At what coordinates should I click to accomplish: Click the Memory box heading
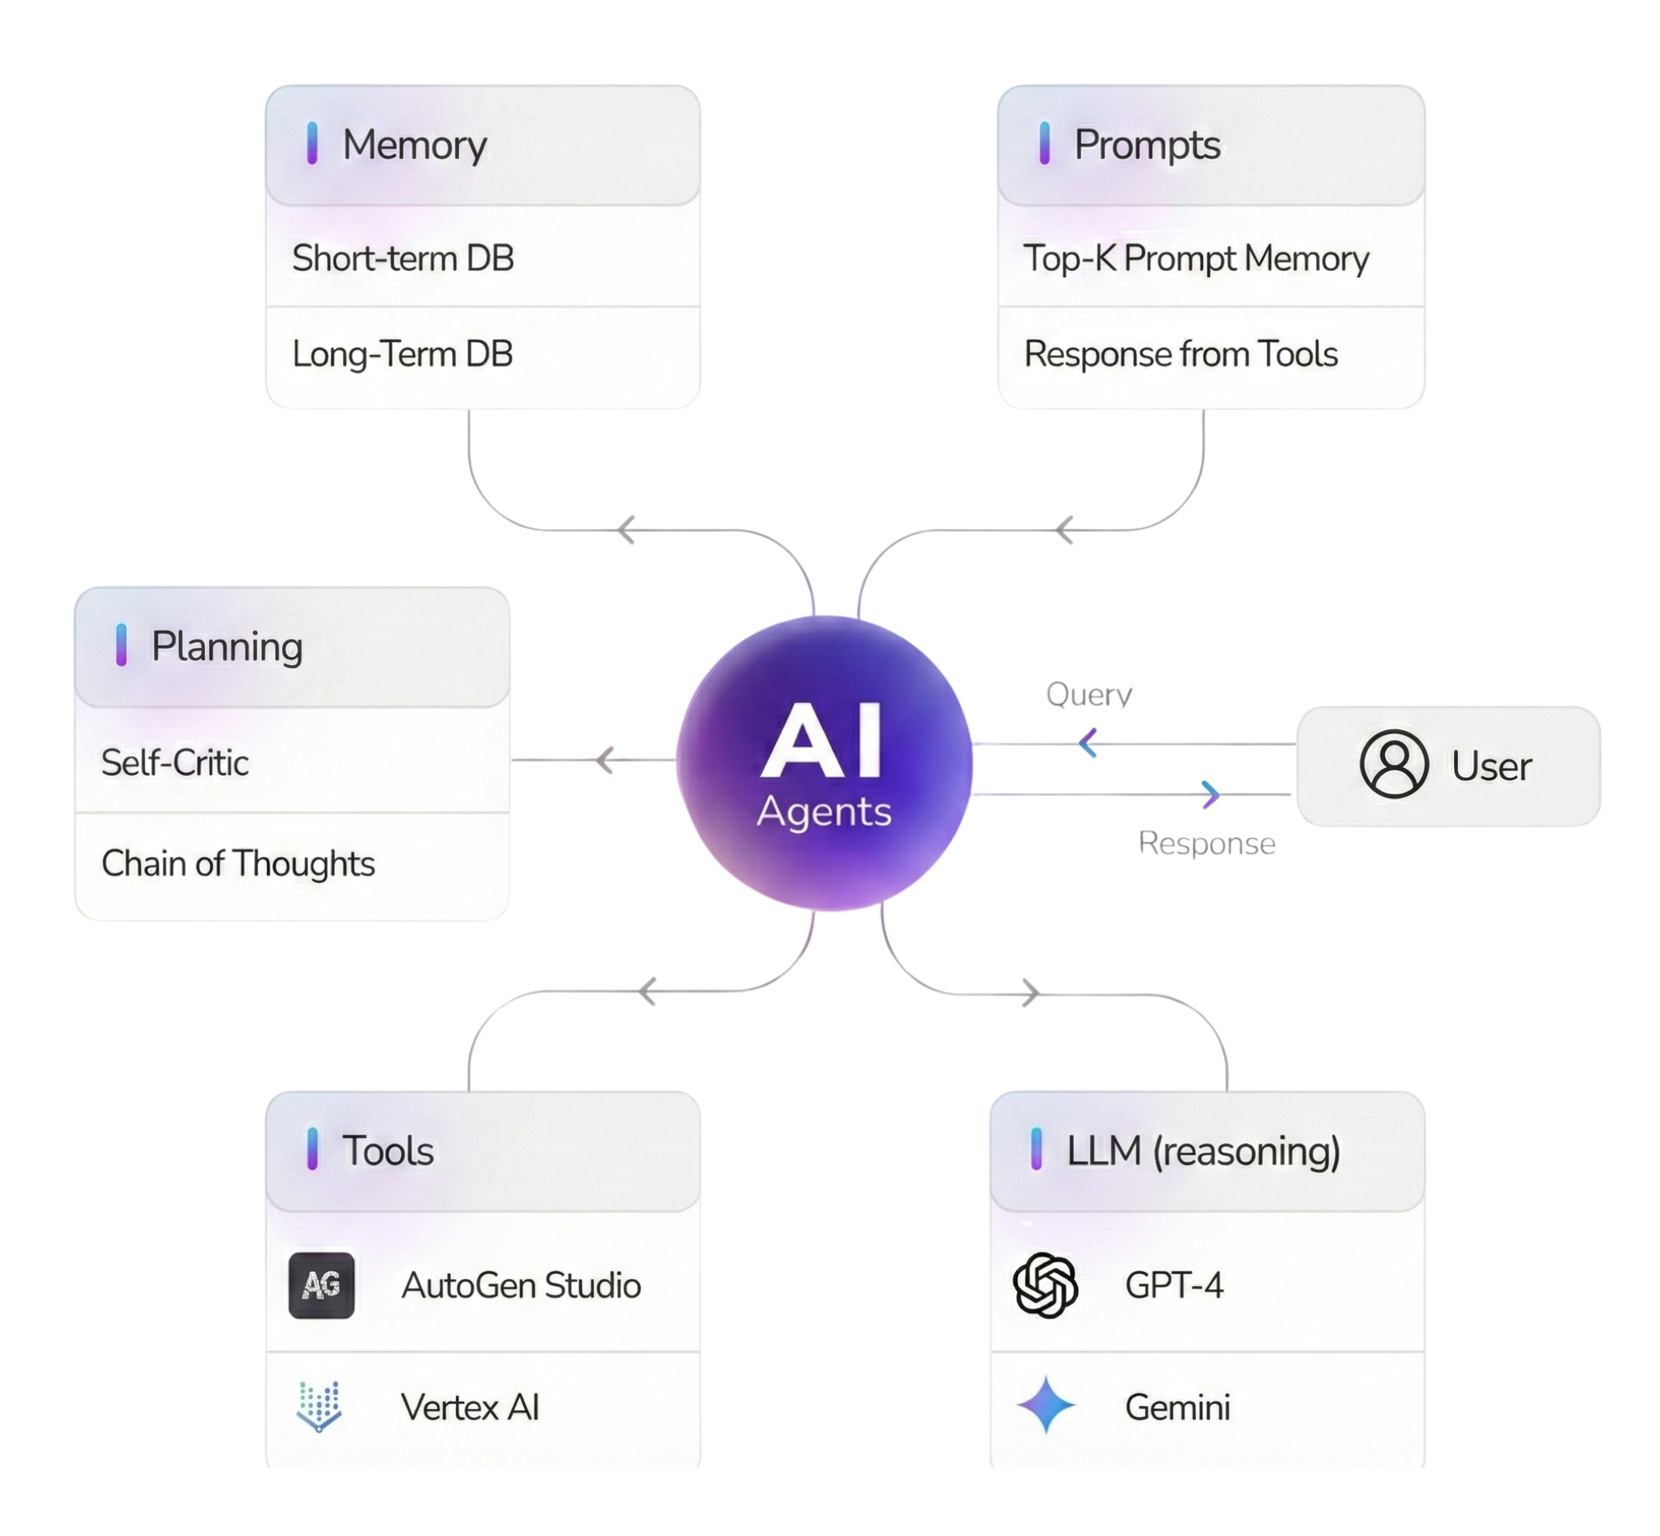click(x=414, y=145)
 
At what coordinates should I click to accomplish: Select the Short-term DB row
click(x=403, y=259)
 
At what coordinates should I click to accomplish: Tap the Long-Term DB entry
click(x=403, y=354)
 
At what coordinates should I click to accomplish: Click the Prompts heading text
click(x=1147, y=145)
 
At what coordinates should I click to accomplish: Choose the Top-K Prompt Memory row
click(x=1196, y=259)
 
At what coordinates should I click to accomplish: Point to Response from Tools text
click(x=1181, y=354)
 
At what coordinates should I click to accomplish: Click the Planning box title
click(x=226, y=646)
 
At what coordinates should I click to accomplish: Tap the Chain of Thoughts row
click(x=238, y=863)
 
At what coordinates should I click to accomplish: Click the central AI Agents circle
click(x=824, y=764)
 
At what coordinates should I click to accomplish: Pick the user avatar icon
click(x=1394, y=764)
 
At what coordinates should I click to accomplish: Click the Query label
click(x=1089, y=693)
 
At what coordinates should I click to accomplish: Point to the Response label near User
click(x=1206, y=843)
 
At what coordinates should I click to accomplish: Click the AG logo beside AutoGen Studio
click(x=321, y=1285)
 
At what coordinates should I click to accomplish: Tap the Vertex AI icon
click(x=319, y=1407)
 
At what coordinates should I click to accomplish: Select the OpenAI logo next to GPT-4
click(x=1046, y=1285)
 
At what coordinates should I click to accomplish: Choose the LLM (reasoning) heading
click(x=1203, y=1151)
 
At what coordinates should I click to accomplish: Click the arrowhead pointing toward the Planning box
click(x=605, y=759)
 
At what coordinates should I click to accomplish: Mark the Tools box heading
click(x=387, y=1151)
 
